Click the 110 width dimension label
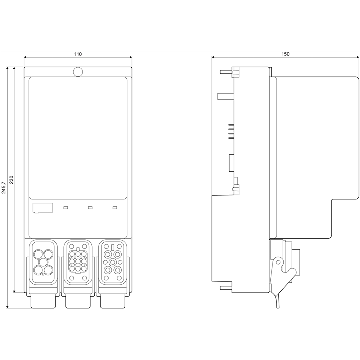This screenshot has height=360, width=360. point(78,54)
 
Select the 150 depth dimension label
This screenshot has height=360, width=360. point(285,54)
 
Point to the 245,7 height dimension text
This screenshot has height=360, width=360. point(4,187)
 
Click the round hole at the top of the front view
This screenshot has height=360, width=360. point(78,72)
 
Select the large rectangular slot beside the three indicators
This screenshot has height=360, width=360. point(42,208)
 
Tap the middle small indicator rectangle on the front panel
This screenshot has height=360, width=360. point(90,207)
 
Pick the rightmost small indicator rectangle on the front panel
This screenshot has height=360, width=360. point(115,207)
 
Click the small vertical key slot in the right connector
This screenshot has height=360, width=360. point(113,247)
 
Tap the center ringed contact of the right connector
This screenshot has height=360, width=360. point(113,262)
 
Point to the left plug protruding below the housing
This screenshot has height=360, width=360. point(43,302)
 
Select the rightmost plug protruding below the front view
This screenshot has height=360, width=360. point(112,302)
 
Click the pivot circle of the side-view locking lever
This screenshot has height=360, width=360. point(277,263)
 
